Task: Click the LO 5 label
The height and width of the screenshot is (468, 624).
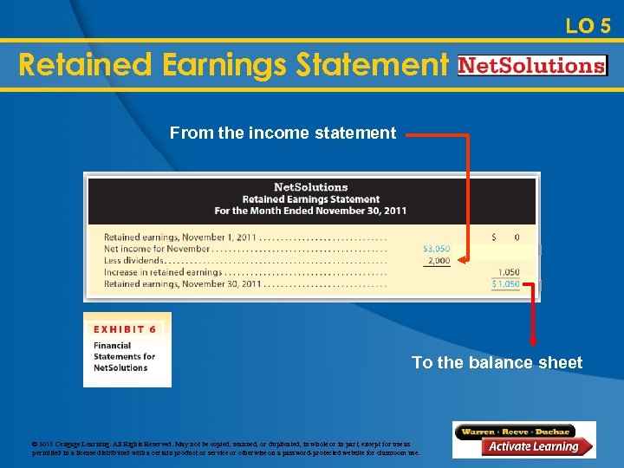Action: [x=588, y=26]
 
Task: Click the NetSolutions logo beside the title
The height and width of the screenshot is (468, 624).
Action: [x=531, y=66]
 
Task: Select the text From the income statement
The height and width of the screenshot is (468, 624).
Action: [x=283, y=133]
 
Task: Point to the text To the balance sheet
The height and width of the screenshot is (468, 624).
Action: [x=497, y=362]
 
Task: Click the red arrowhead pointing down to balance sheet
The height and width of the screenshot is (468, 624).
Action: [x=533, y=343]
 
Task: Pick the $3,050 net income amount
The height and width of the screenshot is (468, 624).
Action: [x=436, y=249]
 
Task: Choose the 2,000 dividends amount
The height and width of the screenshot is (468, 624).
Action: [x=439, y=261]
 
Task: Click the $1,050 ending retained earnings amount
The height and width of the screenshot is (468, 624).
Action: [x=506, y=283]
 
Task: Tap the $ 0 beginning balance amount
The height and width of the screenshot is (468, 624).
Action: [x=506, y=237]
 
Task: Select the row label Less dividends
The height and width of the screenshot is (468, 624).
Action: [x=133, y=261]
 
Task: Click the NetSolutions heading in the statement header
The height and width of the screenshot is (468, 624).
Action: [x=310, y=187]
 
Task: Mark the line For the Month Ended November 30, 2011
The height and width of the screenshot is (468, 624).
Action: [x=310, y=211]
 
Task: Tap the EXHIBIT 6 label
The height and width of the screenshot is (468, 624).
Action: [x=125, y=329]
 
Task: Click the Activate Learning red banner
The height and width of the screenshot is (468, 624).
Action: [x=531, y=447]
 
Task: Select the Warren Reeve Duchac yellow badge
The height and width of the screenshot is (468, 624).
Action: [x=515, y=431]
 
